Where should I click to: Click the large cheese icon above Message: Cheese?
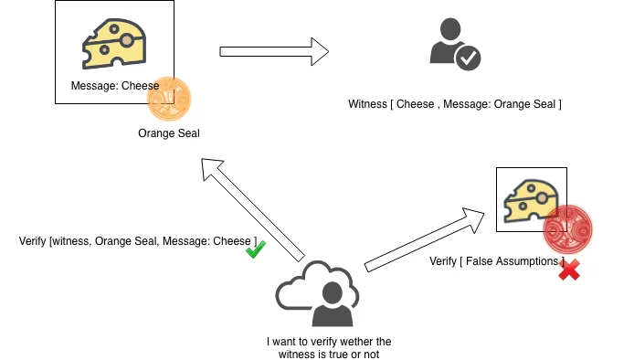pyautogui.click(x=114, y=43)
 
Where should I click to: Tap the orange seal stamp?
pyautogui.click(x=169, y=99)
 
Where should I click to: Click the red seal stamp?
pyautogui.click(x=567, y=229)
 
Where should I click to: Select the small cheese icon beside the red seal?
pyautogui.click(x=531, y=201)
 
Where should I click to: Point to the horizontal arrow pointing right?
pyautogui.click(x=274, y=51)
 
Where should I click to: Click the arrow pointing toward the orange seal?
pyautogui.click(x=253, y=210)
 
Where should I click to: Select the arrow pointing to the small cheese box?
pyautogui.click(x=424, y=239)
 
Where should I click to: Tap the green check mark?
pyautogui.click(x=256, y=249)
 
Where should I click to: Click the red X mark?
pyautogui.click(x=569, y=270)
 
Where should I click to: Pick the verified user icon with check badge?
pyautogui.click(x=455, y=44)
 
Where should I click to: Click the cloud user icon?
pyautogui.click(x=317, y=293)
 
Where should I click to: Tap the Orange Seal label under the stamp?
pyautogui.click(x=169, y=133)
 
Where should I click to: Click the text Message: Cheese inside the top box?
pyautogui.click(x=115, y=86)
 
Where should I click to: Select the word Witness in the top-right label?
pyautogui.click(x=367, y=104)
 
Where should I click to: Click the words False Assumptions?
pyautogui.click(x=512, y=261)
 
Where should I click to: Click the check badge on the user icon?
pyautogui.click(x=468, y=58)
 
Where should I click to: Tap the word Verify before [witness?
pyautogui.click(x=32, y=241)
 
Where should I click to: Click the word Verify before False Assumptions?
pyautogui.click(x=443, y=261)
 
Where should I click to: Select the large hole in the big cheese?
pyautogui.click(x=127, y=40)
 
